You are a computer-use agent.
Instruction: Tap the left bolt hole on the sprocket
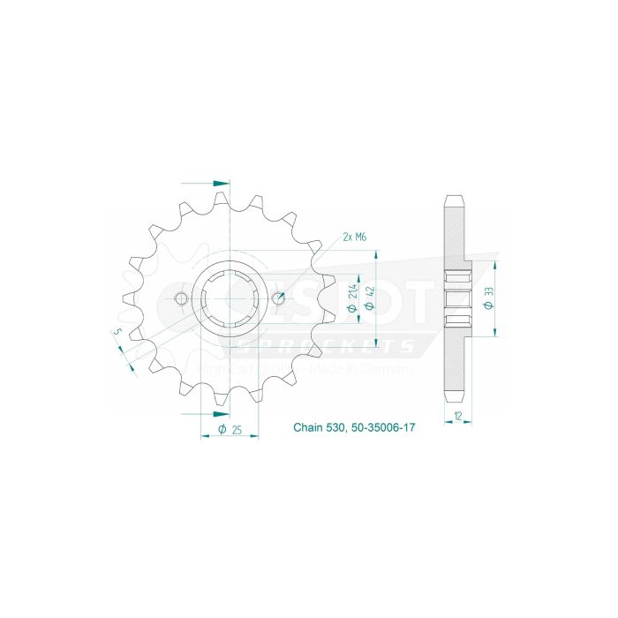[x=181, y=298]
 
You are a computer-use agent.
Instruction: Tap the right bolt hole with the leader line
[x=278, y=298]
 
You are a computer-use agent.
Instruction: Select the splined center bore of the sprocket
[x=230, y=298]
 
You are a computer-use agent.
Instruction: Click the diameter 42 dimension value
[x=373, y=293]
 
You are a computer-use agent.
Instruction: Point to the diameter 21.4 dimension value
[x=354, y=293]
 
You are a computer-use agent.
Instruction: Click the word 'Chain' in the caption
[x=308, y=428]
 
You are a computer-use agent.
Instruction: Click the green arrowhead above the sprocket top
[x=224, y=184]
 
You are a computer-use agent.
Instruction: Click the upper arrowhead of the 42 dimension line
[x=378, y=252]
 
